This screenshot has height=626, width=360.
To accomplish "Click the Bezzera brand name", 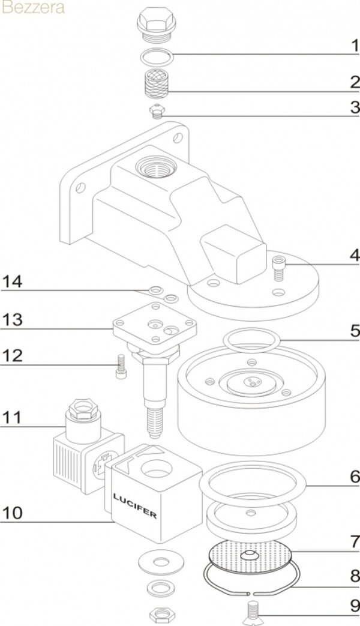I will pos(34,8).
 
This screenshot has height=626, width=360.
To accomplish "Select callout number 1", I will pos(355,45).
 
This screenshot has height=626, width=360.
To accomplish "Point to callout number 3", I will pos(355,107).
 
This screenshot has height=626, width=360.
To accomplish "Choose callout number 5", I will pos(355,331).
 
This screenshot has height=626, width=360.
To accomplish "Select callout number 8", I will pos(355,576).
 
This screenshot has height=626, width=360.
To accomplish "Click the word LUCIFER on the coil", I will pos(135,505).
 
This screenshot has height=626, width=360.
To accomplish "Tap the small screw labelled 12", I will pos(119,366).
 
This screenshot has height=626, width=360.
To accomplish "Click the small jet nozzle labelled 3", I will pos(158,110).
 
